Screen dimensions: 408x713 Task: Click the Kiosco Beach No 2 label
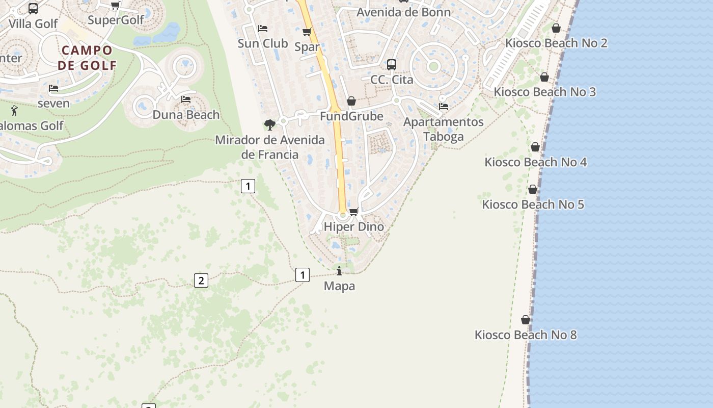pos(556,43)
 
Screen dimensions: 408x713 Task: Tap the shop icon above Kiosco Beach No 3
pos(544,78)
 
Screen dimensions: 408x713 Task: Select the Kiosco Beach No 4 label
pos(535,162)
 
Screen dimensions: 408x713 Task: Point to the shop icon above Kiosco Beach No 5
pos(533,189)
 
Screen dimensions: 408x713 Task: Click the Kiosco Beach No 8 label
pos(526,335)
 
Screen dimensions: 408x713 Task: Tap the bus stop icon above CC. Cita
pos(391,65)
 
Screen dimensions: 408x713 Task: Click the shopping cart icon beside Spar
pos(307,32)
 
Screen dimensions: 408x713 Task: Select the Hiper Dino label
pos(354,226)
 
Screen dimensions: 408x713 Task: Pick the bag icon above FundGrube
pos(351,101)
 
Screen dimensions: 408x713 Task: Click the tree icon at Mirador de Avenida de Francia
pos(270,124)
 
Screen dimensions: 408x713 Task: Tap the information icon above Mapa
pos(339,271)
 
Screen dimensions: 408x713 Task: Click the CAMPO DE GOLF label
pos(87,58)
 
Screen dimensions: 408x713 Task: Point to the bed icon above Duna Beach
pos(186,99)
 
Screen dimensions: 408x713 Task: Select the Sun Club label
pos(263,43)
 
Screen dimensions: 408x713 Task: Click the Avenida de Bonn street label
pos(403,12)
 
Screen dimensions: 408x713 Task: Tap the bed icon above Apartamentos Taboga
pos(444,107)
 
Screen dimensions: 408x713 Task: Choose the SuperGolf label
pos(116,20)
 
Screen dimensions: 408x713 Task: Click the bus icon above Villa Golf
pos(33,9)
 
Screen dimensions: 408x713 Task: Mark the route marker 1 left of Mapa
pos(303,275)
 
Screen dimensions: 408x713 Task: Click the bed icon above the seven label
pos(53,88)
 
